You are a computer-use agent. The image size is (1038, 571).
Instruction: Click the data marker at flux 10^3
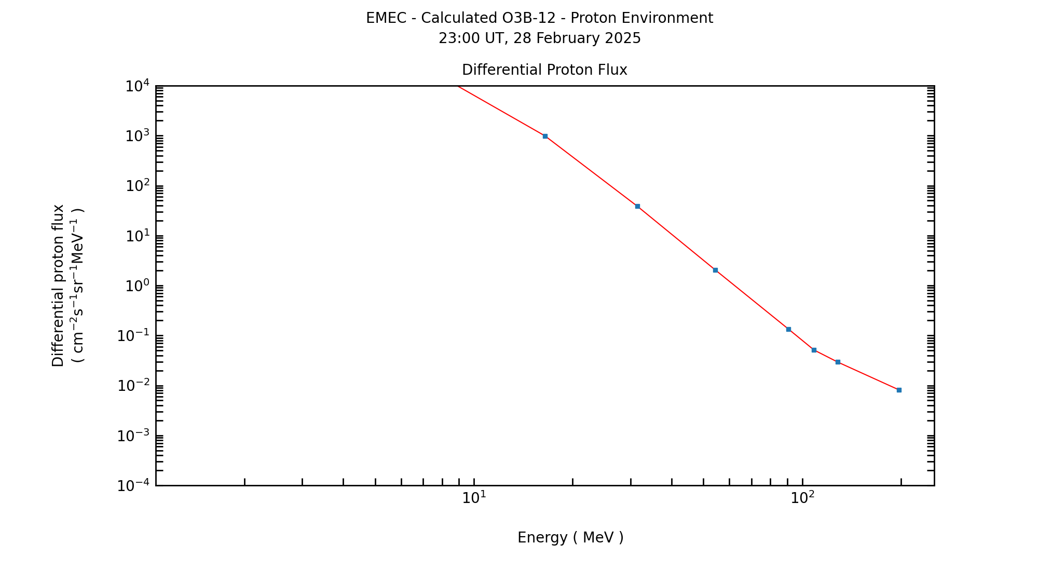(545, 136)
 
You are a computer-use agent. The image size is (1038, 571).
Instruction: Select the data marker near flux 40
(637, 206)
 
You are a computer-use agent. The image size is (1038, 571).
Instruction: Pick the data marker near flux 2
(715, 270)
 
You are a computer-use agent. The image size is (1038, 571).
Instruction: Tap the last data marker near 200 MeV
(899, 390)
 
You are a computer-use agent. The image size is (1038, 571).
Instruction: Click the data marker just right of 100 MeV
(814, 350)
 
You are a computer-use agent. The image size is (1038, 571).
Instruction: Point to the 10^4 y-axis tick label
(138, 86)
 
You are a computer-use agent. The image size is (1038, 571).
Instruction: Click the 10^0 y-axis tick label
(138, 286)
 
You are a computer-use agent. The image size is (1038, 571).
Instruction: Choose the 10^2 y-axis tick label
(138, 186)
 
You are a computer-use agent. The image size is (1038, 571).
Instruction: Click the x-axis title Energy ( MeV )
(570, 538)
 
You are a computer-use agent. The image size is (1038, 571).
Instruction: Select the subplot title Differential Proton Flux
(544, 70)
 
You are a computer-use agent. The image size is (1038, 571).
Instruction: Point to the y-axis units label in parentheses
(78, 285)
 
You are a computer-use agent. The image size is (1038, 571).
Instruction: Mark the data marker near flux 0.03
(838, 362)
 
